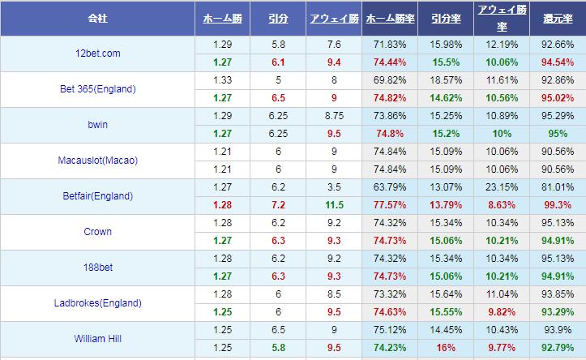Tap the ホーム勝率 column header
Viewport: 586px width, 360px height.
tap(391, 17)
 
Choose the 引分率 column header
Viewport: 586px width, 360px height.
tap(445, 17)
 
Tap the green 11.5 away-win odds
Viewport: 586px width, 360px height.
tap(334, 205)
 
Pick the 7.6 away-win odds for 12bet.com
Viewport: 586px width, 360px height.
tap(334, 45)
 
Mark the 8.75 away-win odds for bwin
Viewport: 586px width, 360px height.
tap(334, 116)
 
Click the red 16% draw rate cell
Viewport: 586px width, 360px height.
tap(445, 348)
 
